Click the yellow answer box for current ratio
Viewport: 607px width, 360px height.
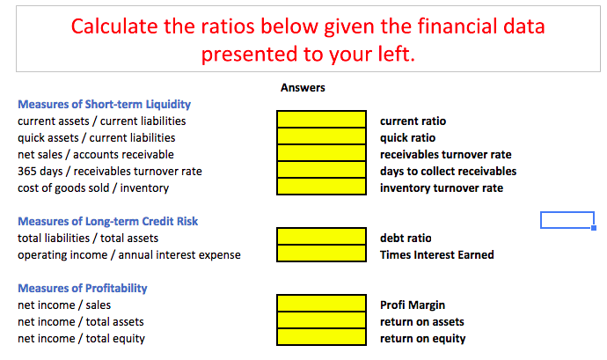(x=321, y=119)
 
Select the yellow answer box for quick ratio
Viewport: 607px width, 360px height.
(x=321, y=136)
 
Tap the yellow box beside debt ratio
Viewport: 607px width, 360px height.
(x=321, y=237)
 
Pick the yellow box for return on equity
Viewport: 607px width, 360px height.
(x=321, y=339)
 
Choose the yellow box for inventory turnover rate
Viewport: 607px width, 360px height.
(x=321, y=187)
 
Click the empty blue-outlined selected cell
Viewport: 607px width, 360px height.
(x=567, y=220)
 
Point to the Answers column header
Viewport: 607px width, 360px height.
(x=303, y=87)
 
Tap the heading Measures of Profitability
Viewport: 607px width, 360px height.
(x=83, y=288)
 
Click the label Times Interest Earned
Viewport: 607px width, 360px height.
(x=436, y=255)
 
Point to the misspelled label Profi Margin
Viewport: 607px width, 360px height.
(x=412, y=305)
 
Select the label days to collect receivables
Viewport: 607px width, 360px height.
(x=448, y=171)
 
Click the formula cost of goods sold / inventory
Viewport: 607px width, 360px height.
(x=93, y=187)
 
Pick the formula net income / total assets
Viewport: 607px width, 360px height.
(x=81, y=322)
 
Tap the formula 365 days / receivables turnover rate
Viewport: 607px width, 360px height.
(x=110, y=171)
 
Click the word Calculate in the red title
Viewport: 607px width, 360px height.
(x=113, y=26)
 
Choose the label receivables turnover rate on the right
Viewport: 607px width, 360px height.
(x=445, y=154)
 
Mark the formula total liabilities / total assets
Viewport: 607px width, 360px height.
(x=88, y=238)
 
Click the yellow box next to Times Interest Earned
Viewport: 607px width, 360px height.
(x=321, y=253)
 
